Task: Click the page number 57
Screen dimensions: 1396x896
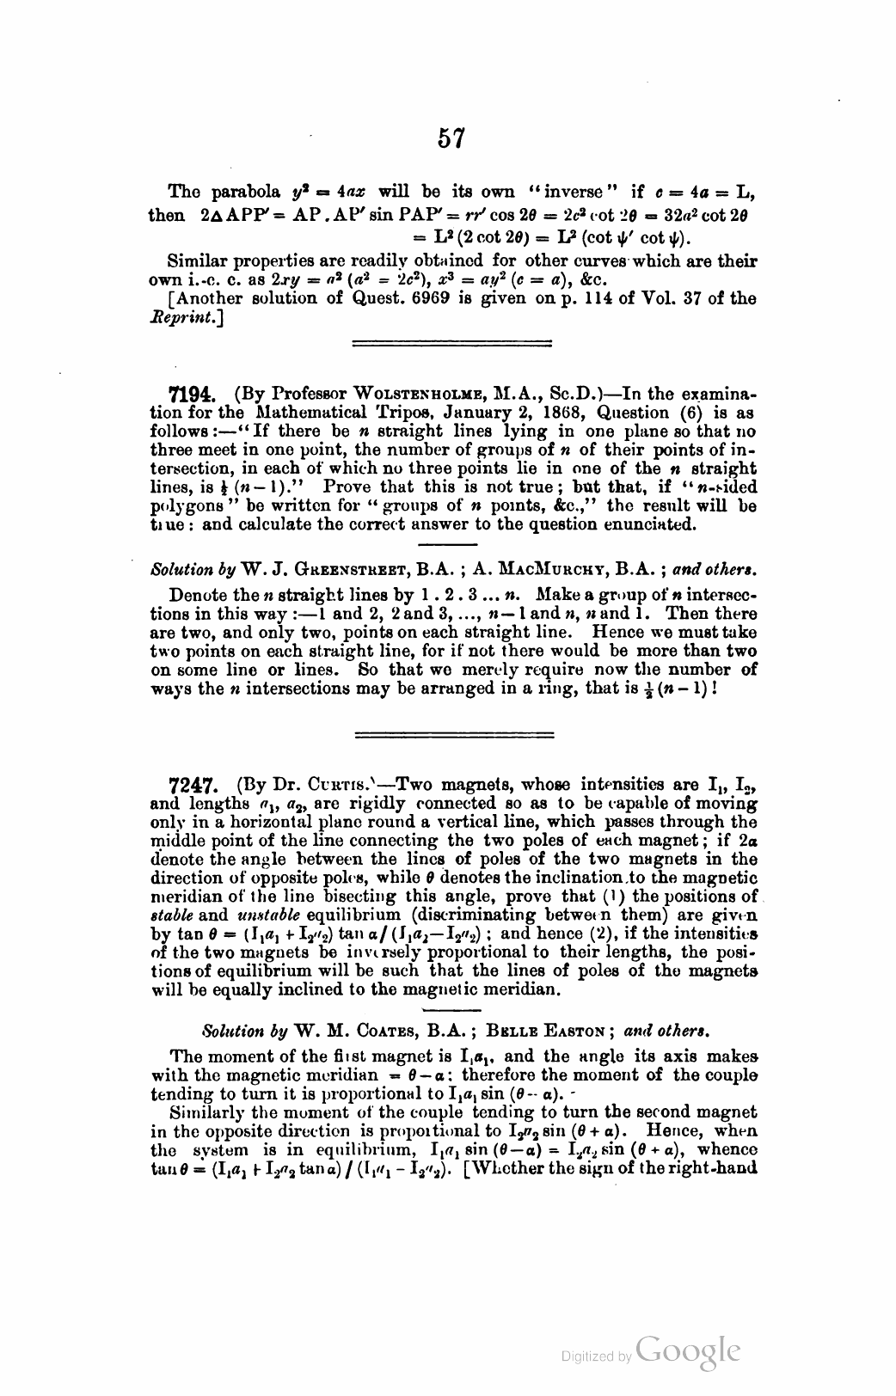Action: point(451,138)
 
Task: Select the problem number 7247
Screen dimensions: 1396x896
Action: point(193,785)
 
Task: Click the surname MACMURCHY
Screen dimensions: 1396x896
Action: point(549,568)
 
